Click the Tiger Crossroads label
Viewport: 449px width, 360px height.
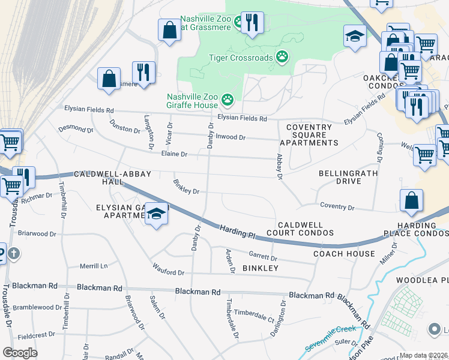click(x=240, y=58)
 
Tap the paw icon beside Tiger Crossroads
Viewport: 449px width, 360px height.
click(x=282, y=57)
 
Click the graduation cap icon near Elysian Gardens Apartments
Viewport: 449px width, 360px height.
click(x=155, y=214)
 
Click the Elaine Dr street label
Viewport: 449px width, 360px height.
click(x=174, y=154)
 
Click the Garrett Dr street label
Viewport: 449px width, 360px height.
click(x=262, y=254)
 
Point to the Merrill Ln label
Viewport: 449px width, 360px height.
click(x=93, y=266)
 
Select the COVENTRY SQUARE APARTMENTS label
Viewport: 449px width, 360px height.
click(x=309, y=135)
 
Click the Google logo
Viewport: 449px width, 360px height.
click(x=20, y=353)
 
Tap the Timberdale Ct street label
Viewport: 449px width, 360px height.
click(x=254, y=313)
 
